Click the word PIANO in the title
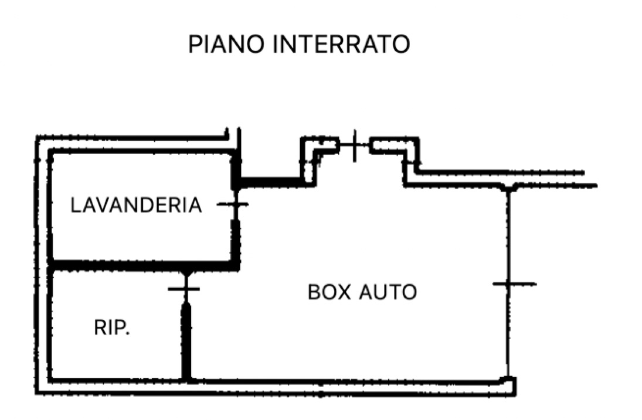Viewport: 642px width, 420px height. pyautogui.click(x=226, y=45)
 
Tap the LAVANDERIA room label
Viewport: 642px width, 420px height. pyautogui.click(x=136, y=206)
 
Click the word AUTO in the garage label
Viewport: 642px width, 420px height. pyautogui.click(x=389, y=292)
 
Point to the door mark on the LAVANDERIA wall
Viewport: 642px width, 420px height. pyautogui.click(x=233, y=204)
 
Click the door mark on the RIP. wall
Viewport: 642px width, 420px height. pyautogui.click(x=185, y=288)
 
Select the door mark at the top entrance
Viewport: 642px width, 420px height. pyautogui.click(x=354, y=145)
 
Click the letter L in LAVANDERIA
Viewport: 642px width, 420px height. pyautogui.click(x=75, y=206)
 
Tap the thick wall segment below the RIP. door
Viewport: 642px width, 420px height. pyautogui.click(x=186, y=340)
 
